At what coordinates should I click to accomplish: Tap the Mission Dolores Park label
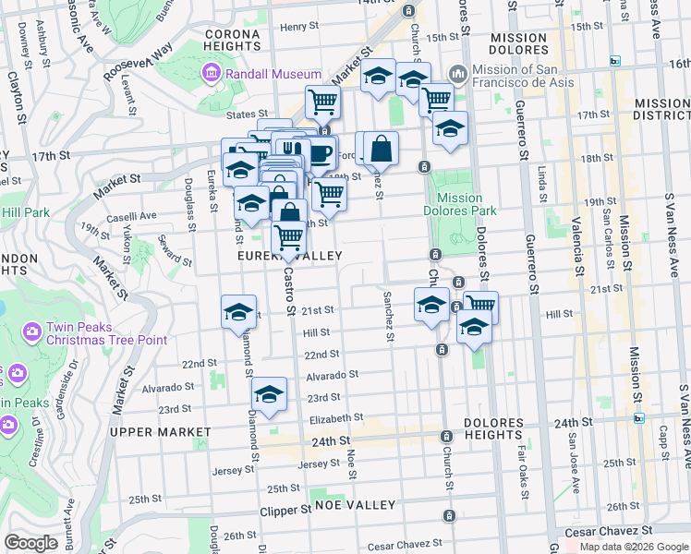click(x=460, y=204)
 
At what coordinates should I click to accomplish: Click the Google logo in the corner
click(x=30, y=542)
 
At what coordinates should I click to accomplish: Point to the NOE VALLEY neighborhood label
click(x=355, y=505)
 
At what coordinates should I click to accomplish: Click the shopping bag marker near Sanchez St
click(x=381, y=149)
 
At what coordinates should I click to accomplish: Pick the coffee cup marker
click(x=321, y=153)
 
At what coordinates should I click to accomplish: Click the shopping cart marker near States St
click(x=322, y=102)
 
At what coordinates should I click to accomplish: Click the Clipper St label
click(x=285, y=510)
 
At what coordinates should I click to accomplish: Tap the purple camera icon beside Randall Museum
click(x=211, y=74)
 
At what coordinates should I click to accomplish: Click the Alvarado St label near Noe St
click(x=332, y=376)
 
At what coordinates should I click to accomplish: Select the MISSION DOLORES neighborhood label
click(x=519, y=44)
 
